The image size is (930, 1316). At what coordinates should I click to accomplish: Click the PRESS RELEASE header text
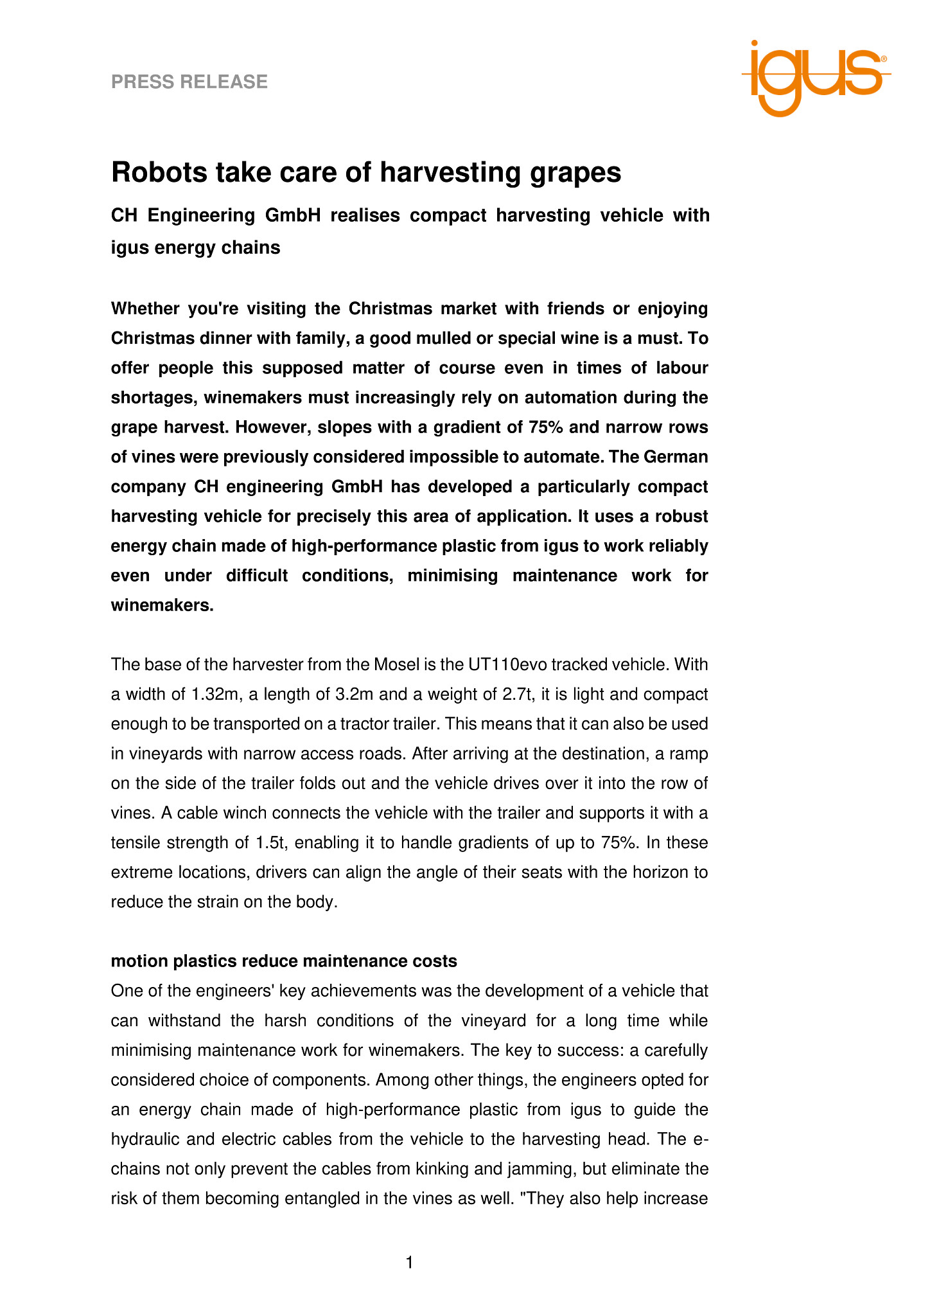(189, 82)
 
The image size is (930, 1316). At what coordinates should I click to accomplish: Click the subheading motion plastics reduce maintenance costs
(284, 961)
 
